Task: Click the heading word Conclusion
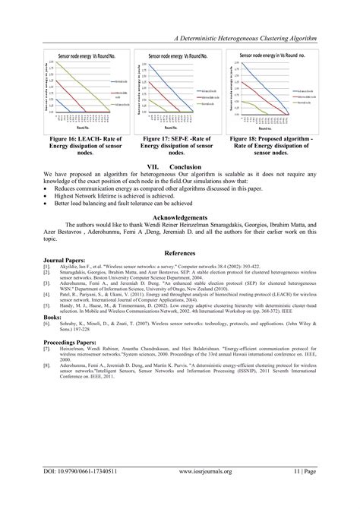click(x=185, y=166)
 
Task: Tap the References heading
click(x=180, y=251)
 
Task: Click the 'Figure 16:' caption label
click(x=62, y=139)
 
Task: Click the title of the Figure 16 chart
click(x=78, y=56)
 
